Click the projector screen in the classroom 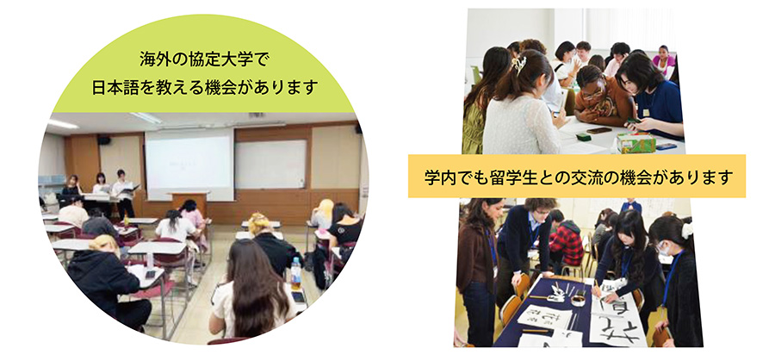point(189,165)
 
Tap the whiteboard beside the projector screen point(271,164)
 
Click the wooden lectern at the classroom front point(189,202)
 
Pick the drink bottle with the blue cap point(296,273)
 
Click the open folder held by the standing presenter point(129,189)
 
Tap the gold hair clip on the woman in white point(519,63)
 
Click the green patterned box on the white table point(635,142)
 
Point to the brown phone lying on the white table point(599,131)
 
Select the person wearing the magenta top point(663,60)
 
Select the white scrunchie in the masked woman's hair point(685,230)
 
